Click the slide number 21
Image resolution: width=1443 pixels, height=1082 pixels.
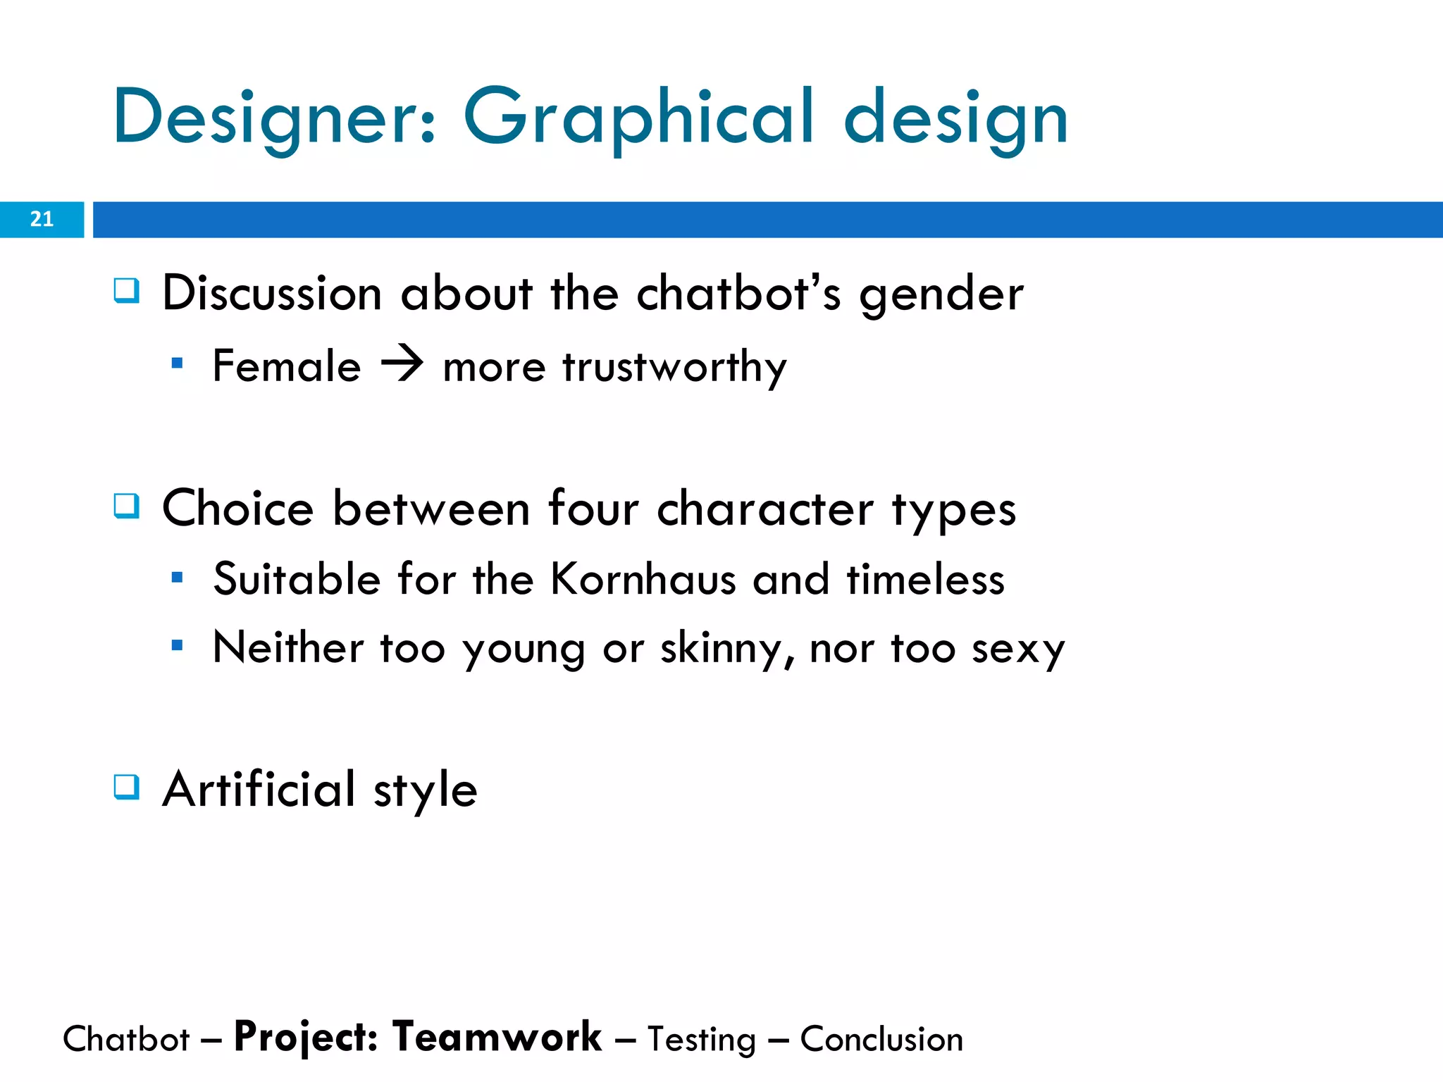[x=42, y=219]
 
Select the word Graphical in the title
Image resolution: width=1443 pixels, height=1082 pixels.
[x=638, y=118]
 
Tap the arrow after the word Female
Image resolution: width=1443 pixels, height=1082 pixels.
[x=402, y=366]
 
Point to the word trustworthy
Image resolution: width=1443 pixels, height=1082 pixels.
[x=674, y=367]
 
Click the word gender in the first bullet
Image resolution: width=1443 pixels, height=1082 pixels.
[x=941, y=294]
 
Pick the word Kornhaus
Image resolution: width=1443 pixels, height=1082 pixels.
[x=643, y=580]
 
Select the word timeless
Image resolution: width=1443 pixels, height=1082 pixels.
[x=925, y=580]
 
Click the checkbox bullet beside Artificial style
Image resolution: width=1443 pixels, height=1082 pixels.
[x=127, y=786]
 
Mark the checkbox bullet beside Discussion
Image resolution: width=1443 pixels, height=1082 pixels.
[x=127, y=290]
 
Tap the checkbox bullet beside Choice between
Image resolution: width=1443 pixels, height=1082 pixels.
[x=127, y=506]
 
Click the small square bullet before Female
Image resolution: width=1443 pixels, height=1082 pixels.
[x=177, y=363]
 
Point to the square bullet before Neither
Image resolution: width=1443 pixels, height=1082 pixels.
[x=177, y=645]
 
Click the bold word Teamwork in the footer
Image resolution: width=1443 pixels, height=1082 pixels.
[x=497, y=1037]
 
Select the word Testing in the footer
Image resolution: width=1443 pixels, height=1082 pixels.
[x=701, y=1040]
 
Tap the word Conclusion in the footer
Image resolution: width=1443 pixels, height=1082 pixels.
[x=881, y=1039]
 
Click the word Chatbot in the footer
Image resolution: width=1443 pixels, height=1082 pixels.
[x=126, y=1039]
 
